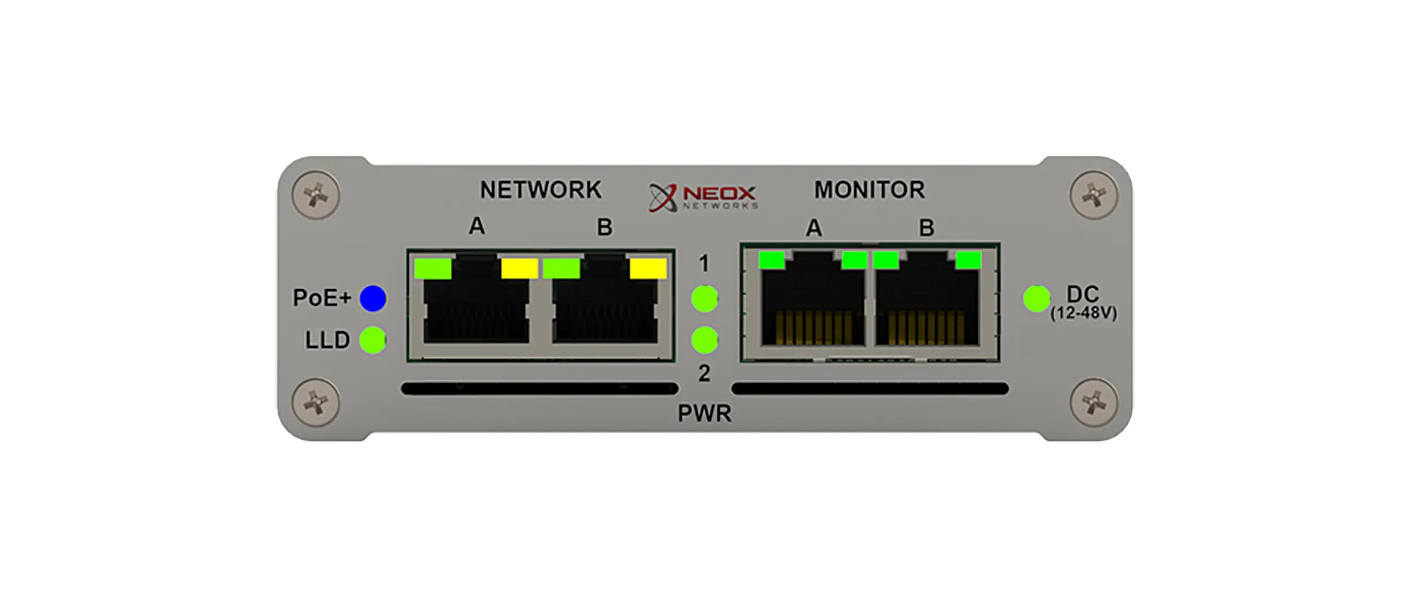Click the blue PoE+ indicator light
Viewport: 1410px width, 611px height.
pos(373,298)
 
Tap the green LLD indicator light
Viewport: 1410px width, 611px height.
pos(373,340)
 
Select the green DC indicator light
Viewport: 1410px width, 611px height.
pos(1036,298)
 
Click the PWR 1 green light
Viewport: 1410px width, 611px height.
pos(704,298)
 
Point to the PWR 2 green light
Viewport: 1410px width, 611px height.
pos(704,340)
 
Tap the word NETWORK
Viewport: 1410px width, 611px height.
pos(540,190)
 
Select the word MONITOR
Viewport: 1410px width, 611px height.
pos(869,190)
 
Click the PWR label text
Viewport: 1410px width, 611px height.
pos(704,413)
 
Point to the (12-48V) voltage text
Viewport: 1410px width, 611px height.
pos(1083,313)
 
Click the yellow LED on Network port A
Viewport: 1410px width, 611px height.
pos(519,269)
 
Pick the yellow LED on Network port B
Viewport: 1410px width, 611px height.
pos(648,269)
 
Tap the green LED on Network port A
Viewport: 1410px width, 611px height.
pos(433,269)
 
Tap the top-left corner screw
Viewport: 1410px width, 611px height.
pos(316,195)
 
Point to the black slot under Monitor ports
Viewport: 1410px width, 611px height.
pos(869,389)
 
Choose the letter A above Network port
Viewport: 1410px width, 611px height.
pos(477,226)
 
